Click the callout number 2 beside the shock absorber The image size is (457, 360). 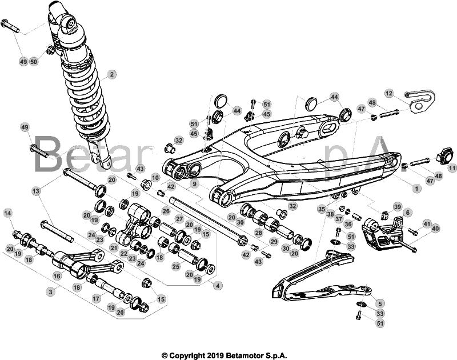[x=113, y=74]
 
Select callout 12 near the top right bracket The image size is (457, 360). [x=389, y=93]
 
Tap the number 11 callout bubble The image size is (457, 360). [x=452, y=168]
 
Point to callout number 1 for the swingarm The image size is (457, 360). [x=416, y=187]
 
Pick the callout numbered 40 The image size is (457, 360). [x=436, y=229]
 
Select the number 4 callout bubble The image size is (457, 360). [x=216, y=284]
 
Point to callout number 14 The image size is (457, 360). [x=8, y=213]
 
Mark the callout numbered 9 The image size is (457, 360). [x=195, y=184]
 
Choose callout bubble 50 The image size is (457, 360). [x=34, y=61]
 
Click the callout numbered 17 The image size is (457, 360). [x=96, y=298]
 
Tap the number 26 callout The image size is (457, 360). [x=166, y=211]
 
